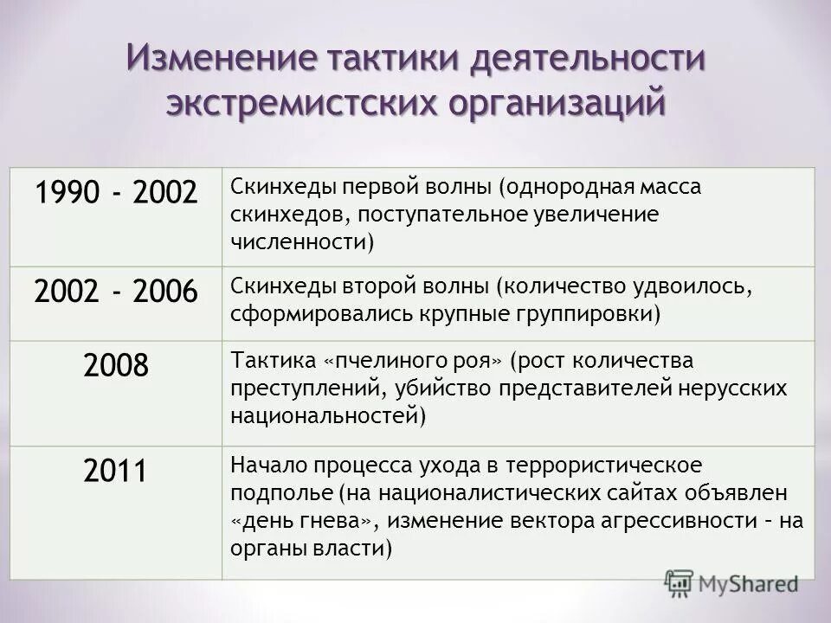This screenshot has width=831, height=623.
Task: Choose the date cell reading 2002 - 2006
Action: (116, 292)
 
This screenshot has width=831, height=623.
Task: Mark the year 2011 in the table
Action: (116, 470)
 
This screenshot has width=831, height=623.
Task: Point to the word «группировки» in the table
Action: (588, 312)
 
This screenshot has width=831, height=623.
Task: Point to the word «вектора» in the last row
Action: (546, 520)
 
